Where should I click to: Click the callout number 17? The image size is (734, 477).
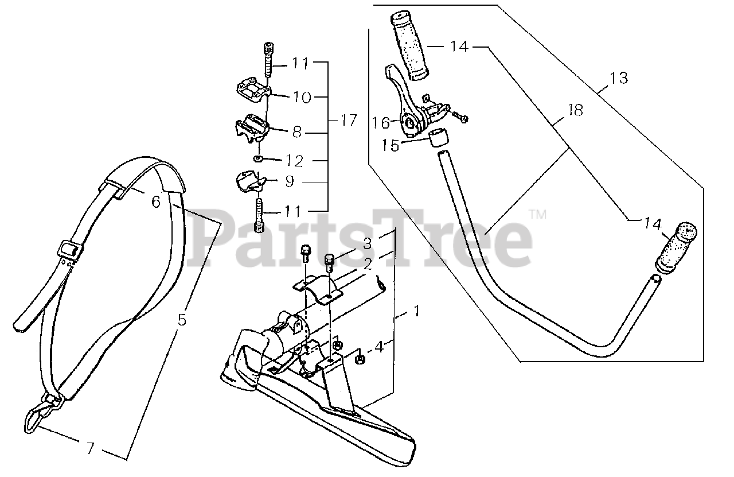(348, 121)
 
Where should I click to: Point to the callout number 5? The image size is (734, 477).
(182, 320)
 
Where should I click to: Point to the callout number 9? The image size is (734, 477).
(288, 182)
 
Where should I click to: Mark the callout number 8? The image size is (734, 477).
(296, 133)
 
